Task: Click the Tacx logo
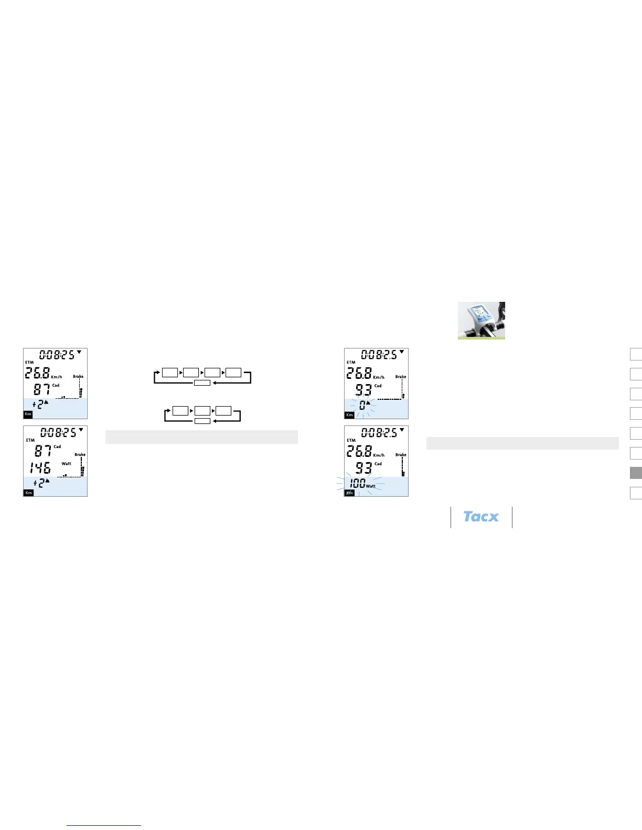coord(481,517)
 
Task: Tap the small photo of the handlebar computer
coord(481,320)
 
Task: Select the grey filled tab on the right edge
coord(636,473)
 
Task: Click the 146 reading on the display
coord(40,467)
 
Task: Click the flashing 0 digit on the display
coord(362,405)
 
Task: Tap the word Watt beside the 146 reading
coord(67,464)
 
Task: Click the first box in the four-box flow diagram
coord(170,373)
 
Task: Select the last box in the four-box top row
coord(233,373)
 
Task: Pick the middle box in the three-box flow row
coord(202,410)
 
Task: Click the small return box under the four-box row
coord(202,383)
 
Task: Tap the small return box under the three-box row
coord(202,421)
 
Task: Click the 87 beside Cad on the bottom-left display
coord(43,450)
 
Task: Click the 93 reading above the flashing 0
coord(363,390)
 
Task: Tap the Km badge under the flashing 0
coord(349,415)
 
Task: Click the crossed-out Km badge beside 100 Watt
coord(349,493)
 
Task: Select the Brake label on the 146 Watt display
coord(80,455)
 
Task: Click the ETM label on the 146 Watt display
coord(30,440)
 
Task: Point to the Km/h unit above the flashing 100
coord(379,455)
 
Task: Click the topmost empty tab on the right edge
coord(636,354)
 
